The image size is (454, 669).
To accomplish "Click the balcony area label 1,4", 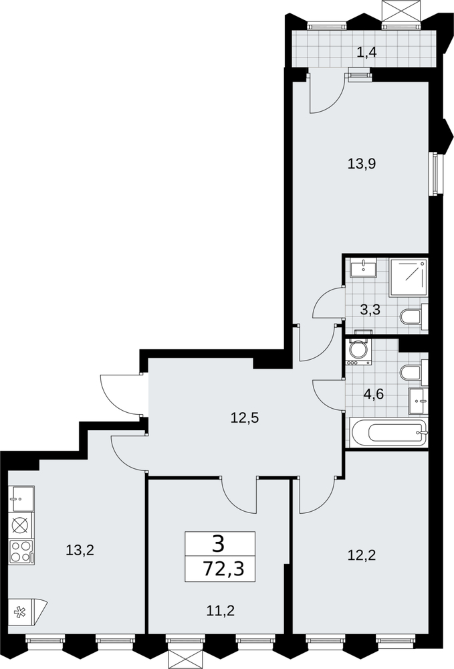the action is [366, 54].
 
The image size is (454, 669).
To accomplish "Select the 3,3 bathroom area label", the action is [370, 310].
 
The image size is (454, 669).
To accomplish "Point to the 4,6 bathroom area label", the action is [374, 394].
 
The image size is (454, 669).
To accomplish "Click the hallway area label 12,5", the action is [245, 417].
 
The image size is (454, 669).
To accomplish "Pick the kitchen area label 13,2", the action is [80, 551].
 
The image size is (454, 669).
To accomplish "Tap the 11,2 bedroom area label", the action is [221, 611].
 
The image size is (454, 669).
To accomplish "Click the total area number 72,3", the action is [223, 569].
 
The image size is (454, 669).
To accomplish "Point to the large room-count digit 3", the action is [219, 544].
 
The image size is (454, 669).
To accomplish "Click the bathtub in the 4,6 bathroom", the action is [388, 433].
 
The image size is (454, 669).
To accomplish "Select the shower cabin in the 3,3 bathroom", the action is [409, 278].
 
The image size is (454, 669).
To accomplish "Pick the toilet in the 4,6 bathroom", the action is [414, 372].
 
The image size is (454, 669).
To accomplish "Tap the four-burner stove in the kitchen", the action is [21, 552].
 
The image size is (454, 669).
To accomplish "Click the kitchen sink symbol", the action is [21, 498].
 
